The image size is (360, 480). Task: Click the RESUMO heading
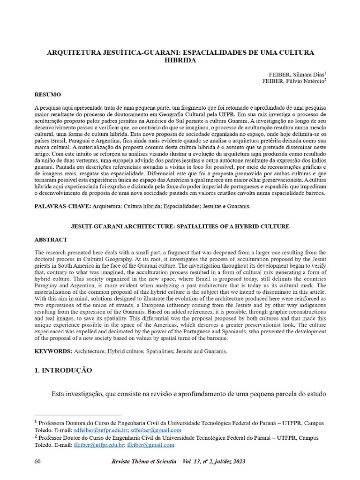click(x=48, y=95)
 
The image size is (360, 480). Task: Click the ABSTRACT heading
click(x=51, y=240)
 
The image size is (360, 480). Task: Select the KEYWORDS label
click(x=53, y=351)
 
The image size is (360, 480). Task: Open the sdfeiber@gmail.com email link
click(x=156, y=430)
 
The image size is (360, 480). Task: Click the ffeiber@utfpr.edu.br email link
click(x=98, y=445)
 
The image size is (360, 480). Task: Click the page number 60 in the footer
click(x=38, y=462)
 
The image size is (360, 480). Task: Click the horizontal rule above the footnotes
click(x=78, y=415)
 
